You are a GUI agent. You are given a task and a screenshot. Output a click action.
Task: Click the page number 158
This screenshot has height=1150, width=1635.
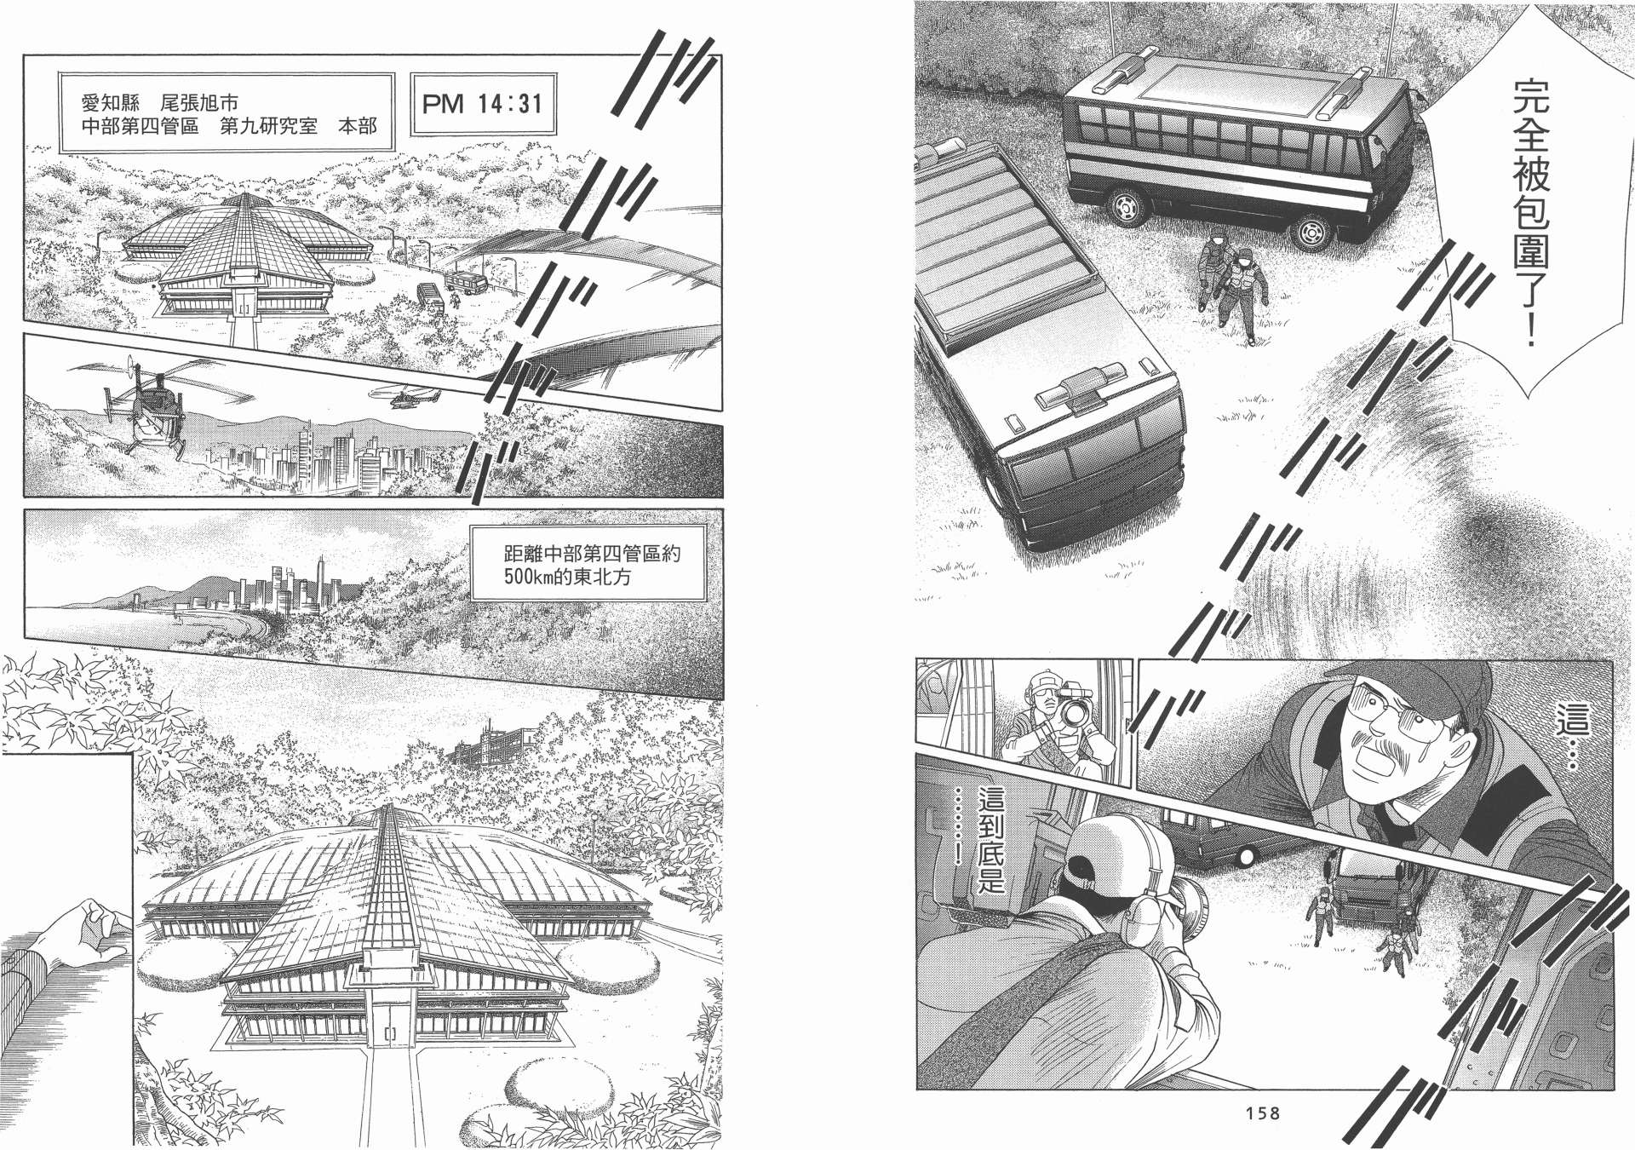(x=1263, y=1113)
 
